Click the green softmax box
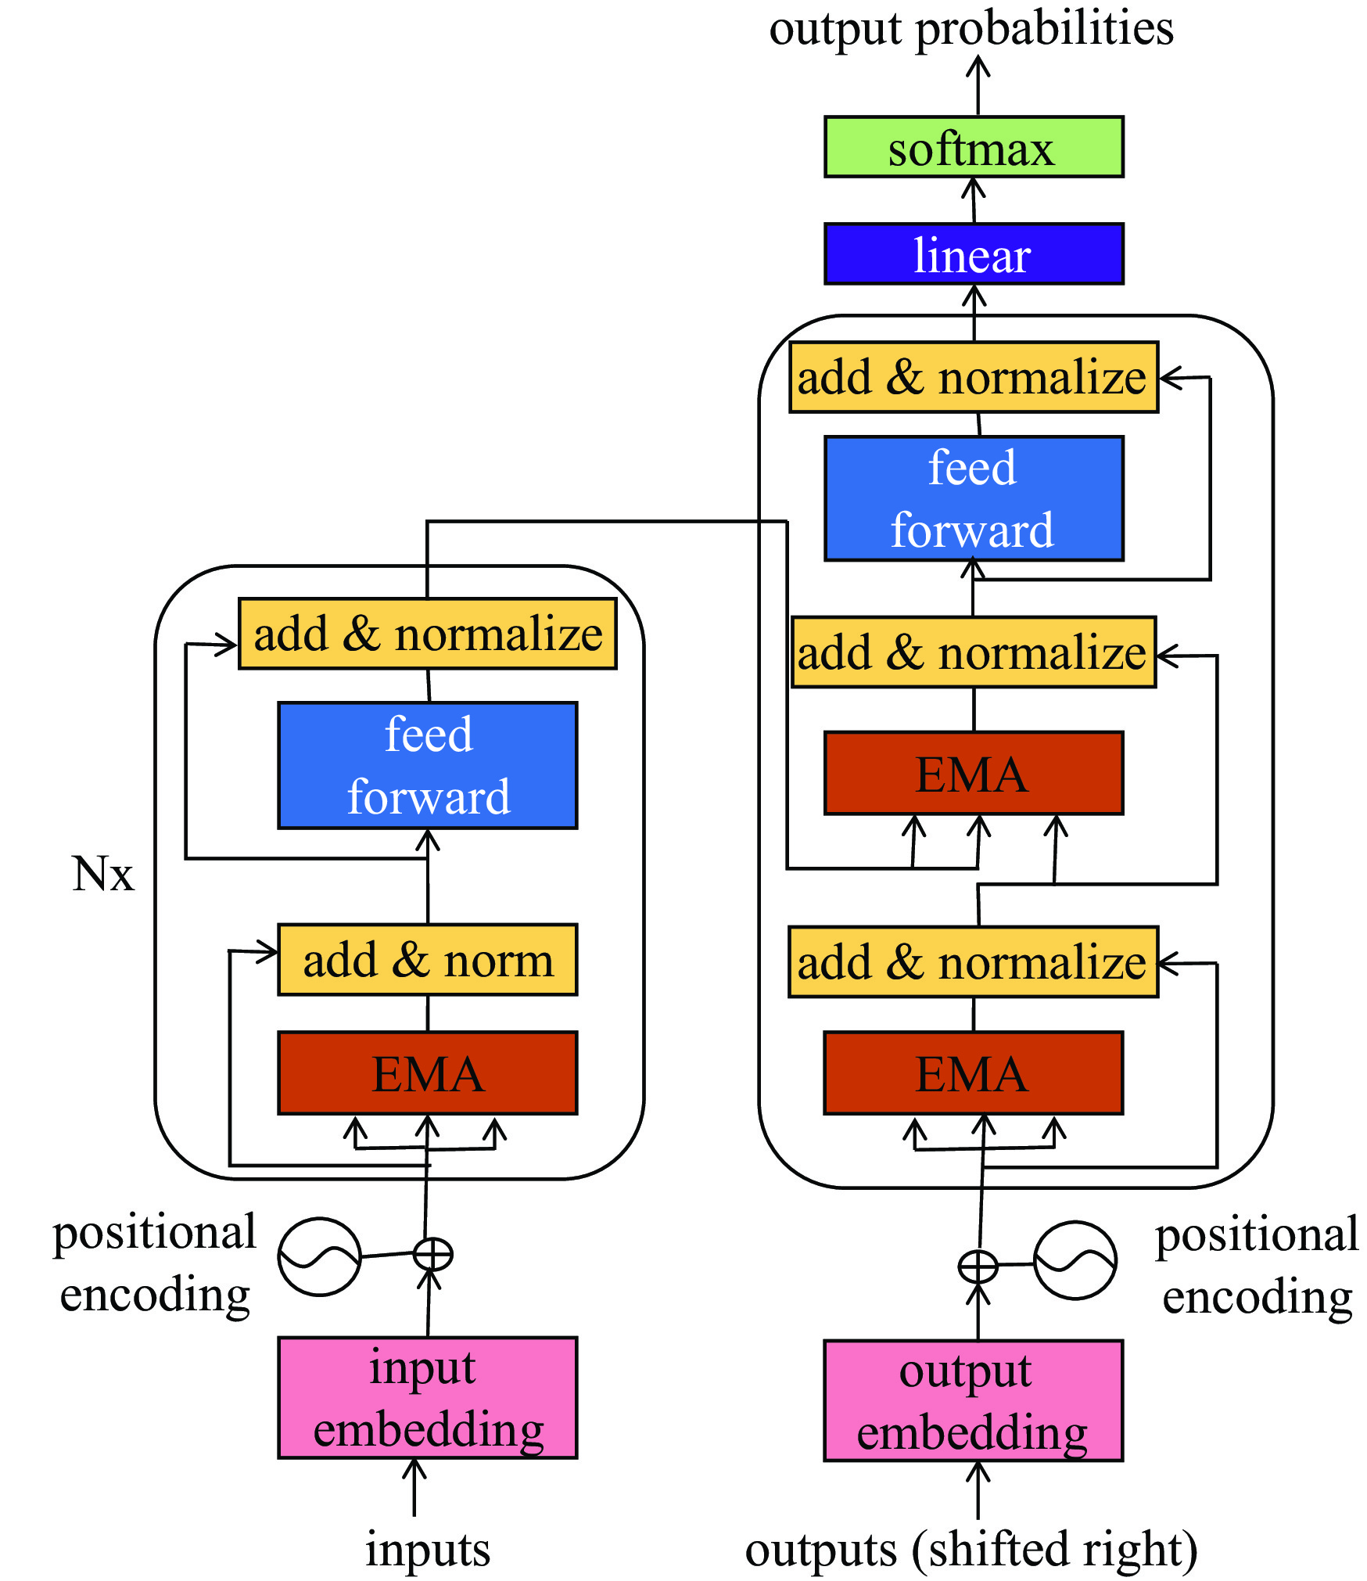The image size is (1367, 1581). [x=974, y=147]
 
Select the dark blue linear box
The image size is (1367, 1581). [x=974, y=253]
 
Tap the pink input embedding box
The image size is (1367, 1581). [x=428, y=1397]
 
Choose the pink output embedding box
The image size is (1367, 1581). [x=973, y=1400]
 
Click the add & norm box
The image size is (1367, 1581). [x=428, y=959]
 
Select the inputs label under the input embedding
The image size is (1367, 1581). [x=428, y=1549]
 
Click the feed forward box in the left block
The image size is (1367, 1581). [x=428, y=765]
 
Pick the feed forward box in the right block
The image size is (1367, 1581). [x=974, y=498]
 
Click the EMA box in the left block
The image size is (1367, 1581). [x=428, y=1073]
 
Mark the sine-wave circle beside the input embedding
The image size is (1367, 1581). [x=319, y=1256]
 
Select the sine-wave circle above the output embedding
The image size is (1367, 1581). [x=1075, y=1260]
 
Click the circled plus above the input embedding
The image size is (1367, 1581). [x=432, y=1254]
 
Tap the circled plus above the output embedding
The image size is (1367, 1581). [x=978, y=1265]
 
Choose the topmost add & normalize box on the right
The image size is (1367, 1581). [x=974, y=377]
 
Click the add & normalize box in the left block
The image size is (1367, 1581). [x=428, y=634]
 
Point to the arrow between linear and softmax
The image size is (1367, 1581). [x=974, y=200]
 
